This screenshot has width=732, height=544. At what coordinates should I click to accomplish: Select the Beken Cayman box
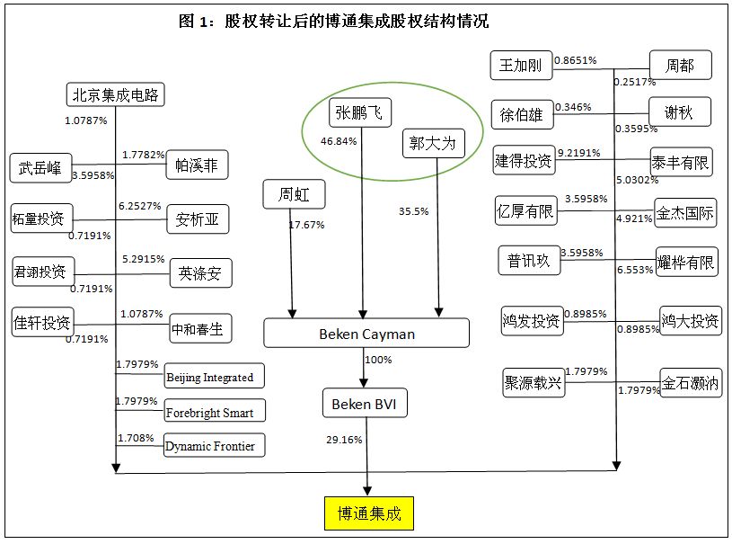[x=366, y=334]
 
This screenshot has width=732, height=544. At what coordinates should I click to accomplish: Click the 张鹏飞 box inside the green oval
[x=360, y=112]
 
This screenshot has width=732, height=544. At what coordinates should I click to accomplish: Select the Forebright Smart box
[x=215, y=413]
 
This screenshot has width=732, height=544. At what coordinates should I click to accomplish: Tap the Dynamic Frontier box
[x=215, y=446]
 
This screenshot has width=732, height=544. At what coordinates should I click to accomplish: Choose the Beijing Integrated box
[x=215, y=378]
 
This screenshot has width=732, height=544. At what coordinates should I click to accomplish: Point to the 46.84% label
[x=338, y=141]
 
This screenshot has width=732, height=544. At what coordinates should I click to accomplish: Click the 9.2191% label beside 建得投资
[x=580, y=153]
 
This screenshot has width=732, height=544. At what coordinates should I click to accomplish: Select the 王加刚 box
[x=521, y=66]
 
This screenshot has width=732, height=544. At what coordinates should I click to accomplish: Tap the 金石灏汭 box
[x=691, y=382]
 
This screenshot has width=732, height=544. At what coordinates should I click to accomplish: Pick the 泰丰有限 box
[x=681, y=162]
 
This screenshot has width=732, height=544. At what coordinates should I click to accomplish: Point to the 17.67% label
[x=306, y=224]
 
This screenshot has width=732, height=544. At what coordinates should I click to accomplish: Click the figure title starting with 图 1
[x=346, y=20]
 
